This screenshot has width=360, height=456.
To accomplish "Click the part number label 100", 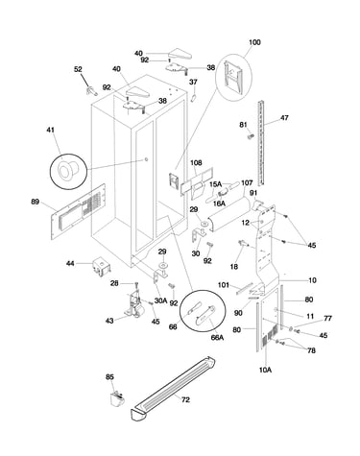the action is (254, 42).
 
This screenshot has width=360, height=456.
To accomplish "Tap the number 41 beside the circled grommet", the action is (50, 130).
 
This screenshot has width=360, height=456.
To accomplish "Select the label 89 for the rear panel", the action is (35, 202).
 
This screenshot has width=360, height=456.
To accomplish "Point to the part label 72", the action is (185, 399).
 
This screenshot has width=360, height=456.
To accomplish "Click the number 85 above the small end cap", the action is (109, 377).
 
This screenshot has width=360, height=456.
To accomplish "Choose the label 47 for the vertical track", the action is (284, 118).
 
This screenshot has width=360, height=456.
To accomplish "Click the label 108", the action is (196, 163).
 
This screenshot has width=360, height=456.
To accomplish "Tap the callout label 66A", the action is (217, 337).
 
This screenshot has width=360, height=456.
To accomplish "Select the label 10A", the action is (265, 370).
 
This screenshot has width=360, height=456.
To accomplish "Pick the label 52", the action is (78, 69).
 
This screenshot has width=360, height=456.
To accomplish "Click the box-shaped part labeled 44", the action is (101, 266).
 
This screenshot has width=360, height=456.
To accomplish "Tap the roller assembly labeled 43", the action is (133, 305).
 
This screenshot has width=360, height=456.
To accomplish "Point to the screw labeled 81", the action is (250, 136).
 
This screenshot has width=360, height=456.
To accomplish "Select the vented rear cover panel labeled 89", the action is (79, 211).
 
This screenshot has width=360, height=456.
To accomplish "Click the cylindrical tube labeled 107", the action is (228, 213).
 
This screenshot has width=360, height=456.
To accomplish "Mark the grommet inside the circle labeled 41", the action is (65, 169).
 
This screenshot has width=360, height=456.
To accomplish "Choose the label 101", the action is (224, 285).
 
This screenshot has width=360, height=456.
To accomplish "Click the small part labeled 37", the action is (193, 97).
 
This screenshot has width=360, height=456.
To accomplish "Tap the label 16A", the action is (219, 204).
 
